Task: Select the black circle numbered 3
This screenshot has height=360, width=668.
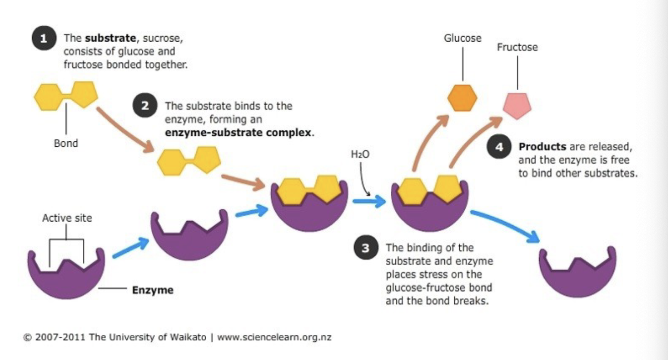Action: tap(366, 248)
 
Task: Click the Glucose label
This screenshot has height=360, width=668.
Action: tap(462, 38)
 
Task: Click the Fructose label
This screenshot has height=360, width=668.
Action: tap(517, 47)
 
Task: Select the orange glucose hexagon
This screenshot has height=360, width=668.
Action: tap(462, 97)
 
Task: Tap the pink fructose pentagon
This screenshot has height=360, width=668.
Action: tap(517, 106)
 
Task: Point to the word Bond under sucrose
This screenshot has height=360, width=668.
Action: tap(66, 143)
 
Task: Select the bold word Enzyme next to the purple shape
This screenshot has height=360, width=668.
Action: tap(152, 290)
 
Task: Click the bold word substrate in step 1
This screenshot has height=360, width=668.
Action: tap(111, 38)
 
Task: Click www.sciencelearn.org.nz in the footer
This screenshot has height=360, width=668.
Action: tap(274, 337)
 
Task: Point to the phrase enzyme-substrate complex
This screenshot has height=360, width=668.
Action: tap(238, 134)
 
